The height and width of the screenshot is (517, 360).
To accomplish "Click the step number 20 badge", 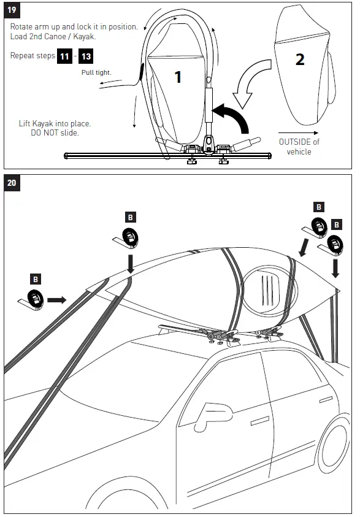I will [x=12, y=182].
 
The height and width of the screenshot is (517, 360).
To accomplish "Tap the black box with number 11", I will [x=64, y=56].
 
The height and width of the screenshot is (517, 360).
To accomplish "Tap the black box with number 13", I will [x=86, y=56].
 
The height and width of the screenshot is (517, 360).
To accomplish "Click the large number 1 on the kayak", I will [x=178, y=77].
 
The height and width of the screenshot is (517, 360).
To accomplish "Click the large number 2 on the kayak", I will [x=300, y=59].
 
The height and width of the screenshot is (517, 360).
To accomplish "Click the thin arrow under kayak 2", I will [x=293, y=131].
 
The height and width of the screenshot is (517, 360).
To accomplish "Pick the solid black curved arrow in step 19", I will [x=233, y=115].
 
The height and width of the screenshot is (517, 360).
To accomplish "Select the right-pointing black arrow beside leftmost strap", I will [x=56, y=300].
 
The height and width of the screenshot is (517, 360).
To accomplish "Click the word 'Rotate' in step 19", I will [x=24, y=28].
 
